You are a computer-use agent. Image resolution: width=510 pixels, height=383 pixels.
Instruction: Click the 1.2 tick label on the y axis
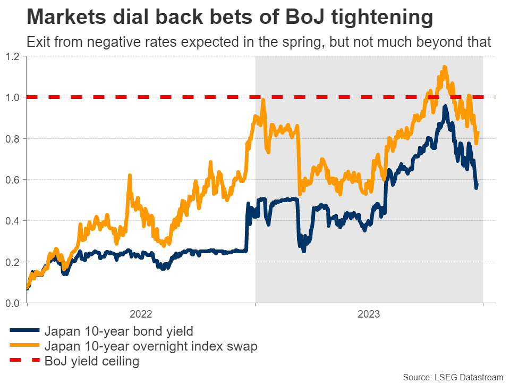(12, 56)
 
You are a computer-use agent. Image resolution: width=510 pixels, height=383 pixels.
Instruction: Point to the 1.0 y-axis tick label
(12, 97)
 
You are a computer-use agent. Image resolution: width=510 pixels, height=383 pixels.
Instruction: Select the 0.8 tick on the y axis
(12, 138)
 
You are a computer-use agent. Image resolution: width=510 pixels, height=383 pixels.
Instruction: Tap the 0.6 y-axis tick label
(12, 180)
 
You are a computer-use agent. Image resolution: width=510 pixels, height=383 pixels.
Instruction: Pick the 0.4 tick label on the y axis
(12, 221)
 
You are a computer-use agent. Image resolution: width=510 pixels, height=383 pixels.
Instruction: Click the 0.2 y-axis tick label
(12, 262)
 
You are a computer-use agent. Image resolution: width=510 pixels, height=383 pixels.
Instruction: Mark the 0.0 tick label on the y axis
(12, 303)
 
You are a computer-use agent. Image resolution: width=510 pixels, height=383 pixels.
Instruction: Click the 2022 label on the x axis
(141, 314)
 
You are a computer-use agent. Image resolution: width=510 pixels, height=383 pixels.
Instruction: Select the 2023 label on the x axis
(369, 314)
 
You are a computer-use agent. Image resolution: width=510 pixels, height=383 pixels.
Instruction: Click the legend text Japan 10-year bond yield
(118, 331)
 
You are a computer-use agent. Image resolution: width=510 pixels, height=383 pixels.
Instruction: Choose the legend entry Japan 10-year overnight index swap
(151, 346)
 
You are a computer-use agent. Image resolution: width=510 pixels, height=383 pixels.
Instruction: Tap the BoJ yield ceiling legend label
(92, 362)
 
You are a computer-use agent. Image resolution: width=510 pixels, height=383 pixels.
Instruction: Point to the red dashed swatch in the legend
(24, 362)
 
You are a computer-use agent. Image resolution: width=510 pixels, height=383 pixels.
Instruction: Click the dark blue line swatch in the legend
(24, 331)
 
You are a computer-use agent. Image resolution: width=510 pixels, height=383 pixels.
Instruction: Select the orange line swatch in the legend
(24, 346)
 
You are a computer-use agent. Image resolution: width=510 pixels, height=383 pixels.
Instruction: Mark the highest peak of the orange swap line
(444, 67)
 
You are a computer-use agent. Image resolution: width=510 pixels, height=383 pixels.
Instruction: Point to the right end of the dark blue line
(477, 185)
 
